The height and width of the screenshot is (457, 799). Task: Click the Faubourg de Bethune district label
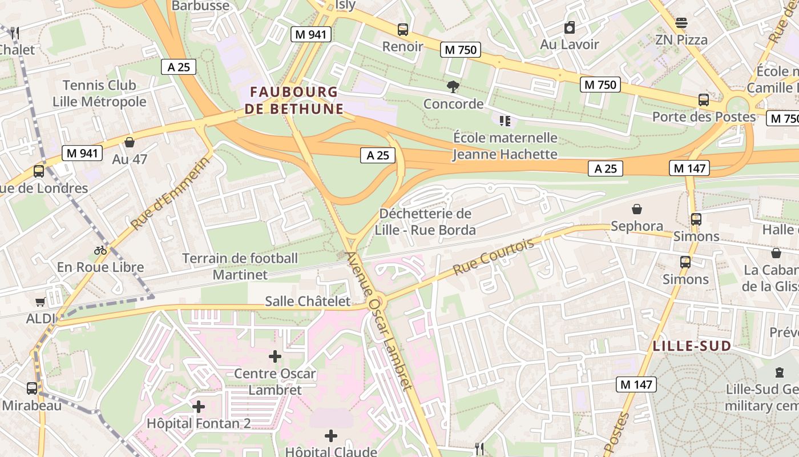pos(294,100)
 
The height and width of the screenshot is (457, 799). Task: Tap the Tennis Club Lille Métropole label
pos(99,94)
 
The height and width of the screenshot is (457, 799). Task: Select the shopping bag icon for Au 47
pos(130,142)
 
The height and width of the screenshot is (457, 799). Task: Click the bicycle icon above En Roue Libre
pos(100,250)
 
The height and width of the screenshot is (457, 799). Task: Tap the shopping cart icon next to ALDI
pos(40,302)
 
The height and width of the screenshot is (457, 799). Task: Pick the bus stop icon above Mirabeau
pos(32,388)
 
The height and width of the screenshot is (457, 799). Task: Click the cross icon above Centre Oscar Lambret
pos(275,357)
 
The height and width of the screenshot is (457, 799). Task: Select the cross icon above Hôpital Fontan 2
pos(199,407)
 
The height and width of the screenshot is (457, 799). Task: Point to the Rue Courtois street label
pos(494,256)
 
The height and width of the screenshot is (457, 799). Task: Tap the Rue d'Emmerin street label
pos(170,193)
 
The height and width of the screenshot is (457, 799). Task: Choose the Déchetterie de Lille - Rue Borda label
pos(425,222)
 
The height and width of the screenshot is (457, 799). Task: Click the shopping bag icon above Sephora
pos(637,210)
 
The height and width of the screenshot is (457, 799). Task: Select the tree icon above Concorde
pos(453,87)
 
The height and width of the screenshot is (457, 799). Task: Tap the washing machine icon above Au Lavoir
pos(570,27)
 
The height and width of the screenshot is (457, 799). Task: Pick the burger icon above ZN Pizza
pos(681,23)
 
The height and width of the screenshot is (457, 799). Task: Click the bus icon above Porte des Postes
pos(704,100)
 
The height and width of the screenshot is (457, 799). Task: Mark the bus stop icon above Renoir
pos(403,30)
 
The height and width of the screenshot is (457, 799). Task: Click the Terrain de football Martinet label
pos(240,266)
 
